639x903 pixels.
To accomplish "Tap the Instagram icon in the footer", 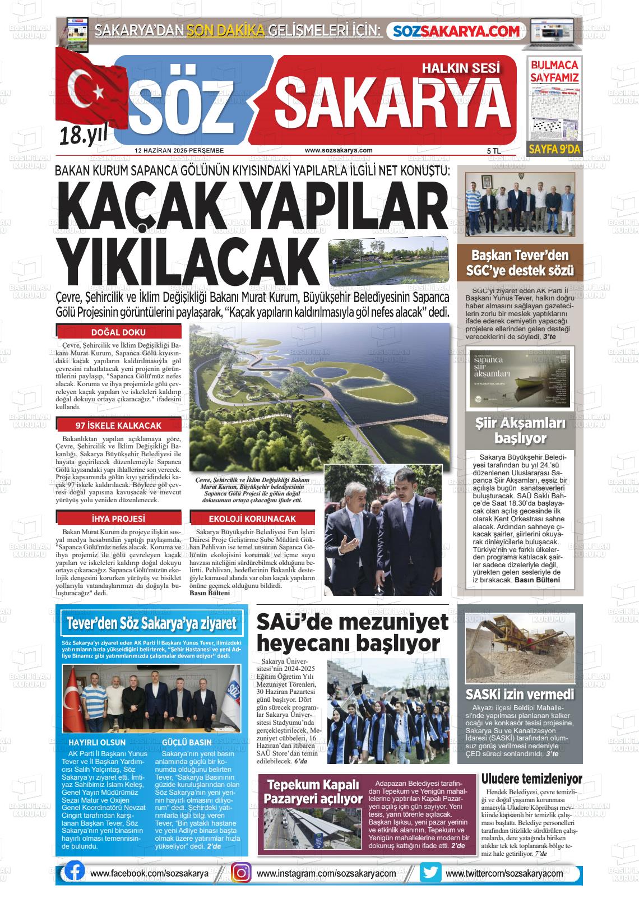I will pyautogui.click(x=241, y=873).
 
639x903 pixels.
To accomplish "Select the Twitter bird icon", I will pyautogui.click(x=430, y=872).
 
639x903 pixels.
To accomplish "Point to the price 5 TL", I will pyautogui.click(x=493, y=151).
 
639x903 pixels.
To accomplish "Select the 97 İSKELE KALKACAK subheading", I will pyautogui.click(x=118, y=425).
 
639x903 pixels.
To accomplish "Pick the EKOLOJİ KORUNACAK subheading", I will pyautogui.click(x=252, y=518).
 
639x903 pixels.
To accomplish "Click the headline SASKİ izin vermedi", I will pyautogui.click(x=520, y=694).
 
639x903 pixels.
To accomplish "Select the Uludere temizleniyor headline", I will pyautogui.click(x=531, y=779).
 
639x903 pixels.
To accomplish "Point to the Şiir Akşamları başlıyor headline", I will pyautogui.click(x=520, y=430).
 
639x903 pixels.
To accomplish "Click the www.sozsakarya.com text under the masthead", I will pyautogui.click(x=339, y=150).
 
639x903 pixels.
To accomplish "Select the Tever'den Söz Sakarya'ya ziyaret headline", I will pyautogui.click(x=151, y=623).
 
